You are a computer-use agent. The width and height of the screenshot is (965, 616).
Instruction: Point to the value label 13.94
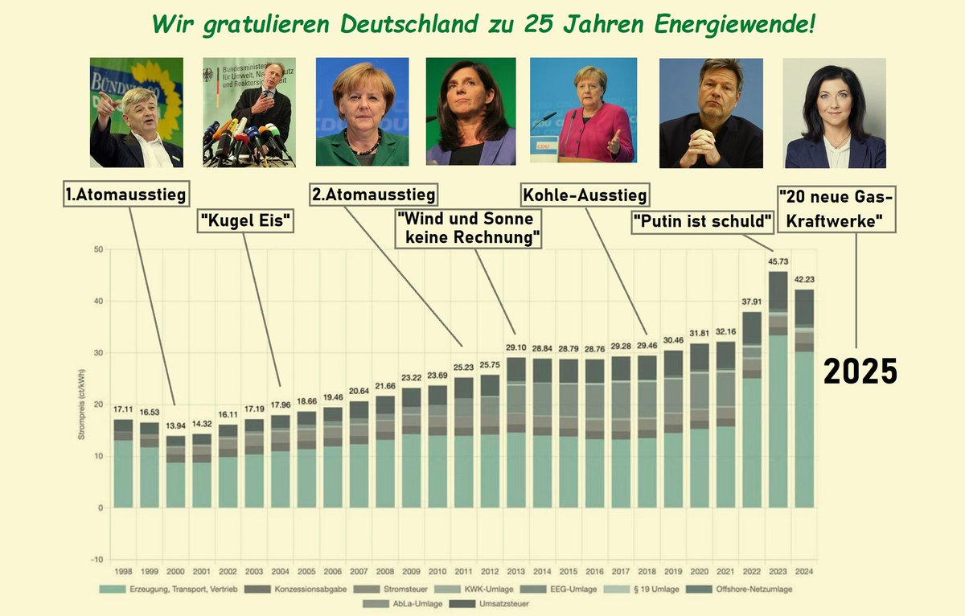[175, 427]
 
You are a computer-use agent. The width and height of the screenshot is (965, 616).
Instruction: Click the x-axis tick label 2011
[464, 571]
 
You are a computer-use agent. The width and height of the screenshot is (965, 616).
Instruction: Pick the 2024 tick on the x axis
[803, 571]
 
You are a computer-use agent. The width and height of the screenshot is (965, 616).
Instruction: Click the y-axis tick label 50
[99, 249]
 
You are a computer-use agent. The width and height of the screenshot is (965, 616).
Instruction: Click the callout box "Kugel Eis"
[245, 220]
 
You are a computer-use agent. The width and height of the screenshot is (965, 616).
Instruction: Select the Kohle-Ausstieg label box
[585, 195]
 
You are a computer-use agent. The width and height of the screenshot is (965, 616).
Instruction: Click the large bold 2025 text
[859, 371]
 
